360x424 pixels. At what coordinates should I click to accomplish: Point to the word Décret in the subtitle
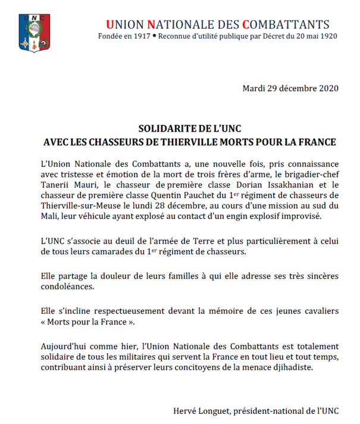click(x=276, y=36)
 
